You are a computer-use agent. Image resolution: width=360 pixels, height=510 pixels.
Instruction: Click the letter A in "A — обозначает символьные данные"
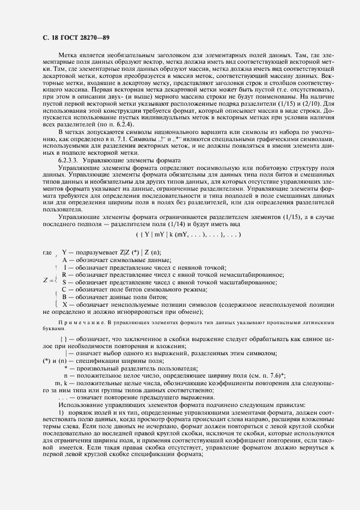[64, 260]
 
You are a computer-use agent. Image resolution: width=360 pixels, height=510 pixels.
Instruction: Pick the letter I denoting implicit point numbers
[65, 268]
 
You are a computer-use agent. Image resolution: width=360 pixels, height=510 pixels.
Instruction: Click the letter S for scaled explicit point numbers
[64, 282]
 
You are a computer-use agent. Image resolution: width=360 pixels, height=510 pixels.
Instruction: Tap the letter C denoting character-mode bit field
[64, 289]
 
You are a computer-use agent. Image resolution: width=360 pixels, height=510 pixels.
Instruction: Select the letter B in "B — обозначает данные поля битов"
[64, 297]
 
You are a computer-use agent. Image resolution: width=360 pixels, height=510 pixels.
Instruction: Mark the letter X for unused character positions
[64, 305]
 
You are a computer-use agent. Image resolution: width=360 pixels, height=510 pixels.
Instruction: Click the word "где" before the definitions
[47, 253]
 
